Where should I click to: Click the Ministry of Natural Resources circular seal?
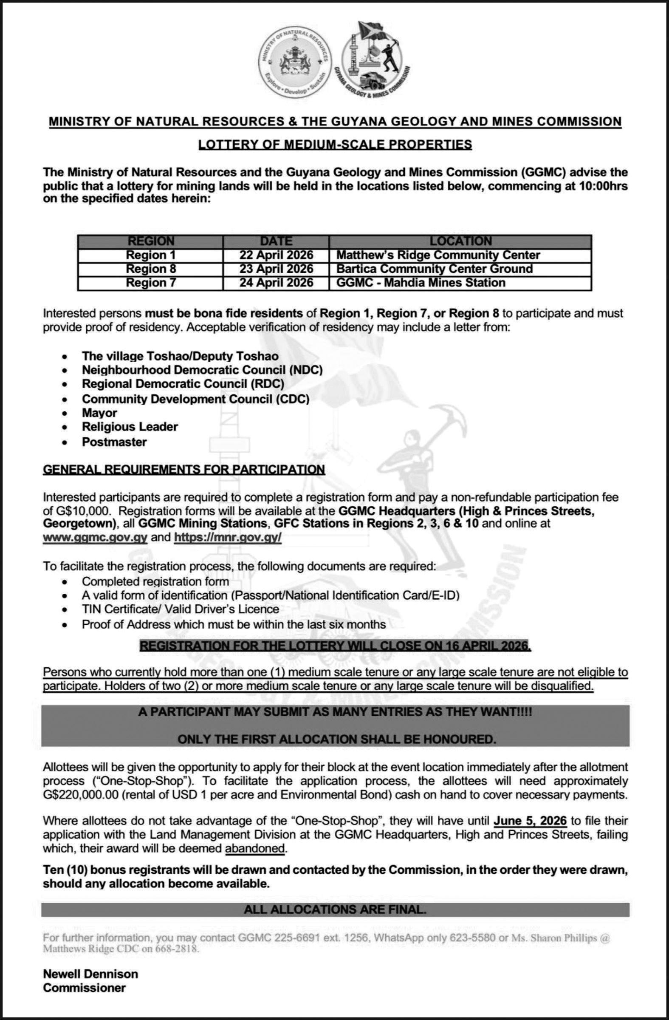296,64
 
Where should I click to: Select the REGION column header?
151,241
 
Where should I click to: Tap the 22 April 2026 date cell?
276,255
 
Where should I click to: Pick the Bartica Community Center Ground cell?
434,269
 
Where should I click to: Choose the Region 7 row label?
151,283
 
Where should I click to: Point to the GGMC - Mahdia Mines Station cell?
421,283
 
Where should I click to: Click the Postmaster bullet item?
114,442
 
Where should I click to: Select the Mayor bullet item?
99,413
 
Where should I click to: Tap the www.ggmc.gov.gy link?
95,538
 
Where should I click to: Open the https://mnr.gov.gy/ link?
227,538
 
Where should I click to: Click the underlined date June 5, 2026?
530,821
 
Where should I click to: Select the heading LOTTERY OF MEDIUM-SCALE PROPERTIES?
335,144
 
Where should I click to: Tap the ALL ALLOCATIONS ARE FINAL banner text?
335,909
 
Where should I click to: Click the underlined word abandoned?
255,848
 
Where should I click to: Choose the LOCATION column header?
460,241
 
